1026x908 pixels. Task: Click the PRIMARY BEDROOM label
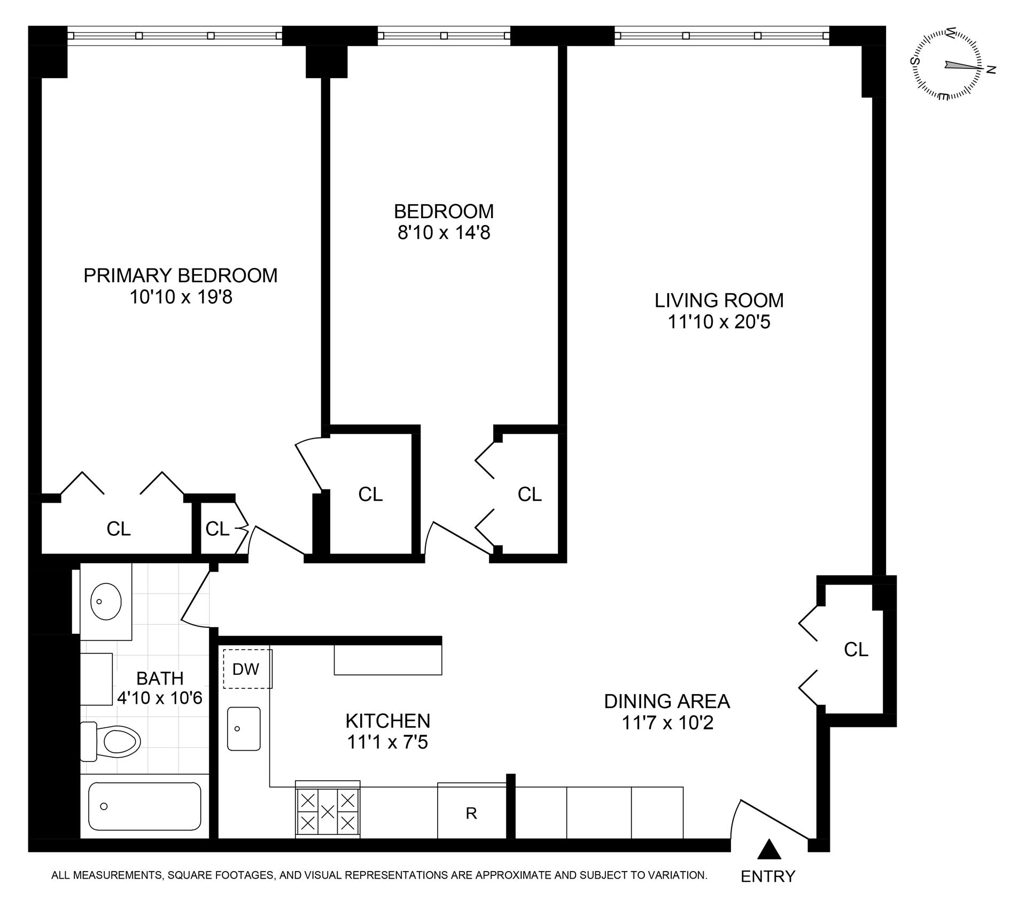click(181, 275)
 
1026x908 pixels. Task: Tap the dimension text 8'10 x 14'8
click(444, 233)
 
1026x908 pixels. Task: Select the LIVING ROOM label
click(719, 301)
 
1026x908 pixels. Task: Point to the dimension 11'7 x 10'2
click(667, 723)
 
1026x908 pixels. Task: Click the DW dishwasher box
click(247, 668)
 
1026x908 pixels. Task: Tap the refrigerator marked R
click(471, 813)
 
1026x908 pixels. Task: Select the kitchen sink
click(244, 728)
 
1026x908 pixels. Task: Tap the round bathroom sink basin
click(106, 601)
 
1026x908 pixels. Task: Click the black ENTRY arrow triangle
click(768, 850)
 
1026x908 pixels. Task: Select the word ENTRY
click(768, 876)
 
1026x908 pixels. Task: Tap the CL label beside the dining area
click(856, 650)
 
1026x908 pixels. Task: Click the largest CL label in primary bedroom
click(118, 529)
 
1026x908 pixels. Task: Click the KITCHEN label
click(387, 721)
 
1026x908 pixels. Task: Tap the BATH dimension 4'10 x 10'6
click(159, 698)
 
